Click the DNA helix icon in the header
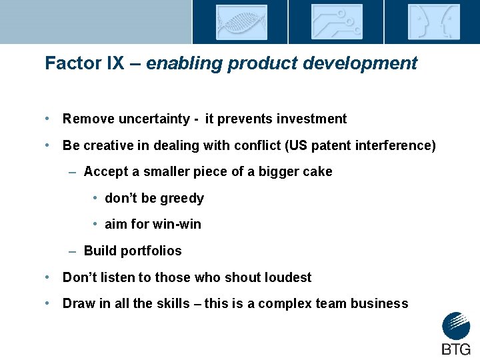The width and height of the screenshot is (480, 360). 241,22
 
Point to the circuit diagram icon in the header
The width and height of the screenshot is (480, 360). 337,22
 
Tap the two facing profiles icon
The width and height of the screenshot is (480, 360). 433,22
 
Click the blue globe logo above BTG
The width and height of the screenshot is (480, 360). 456,327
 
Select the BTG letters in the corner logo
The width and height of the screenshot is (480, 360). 456,349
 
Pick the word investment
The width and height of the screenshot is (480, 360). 312,119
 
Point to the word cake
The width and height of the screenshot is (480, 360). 317,171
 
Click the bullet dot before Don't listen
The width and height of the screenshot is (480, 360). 49,277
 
